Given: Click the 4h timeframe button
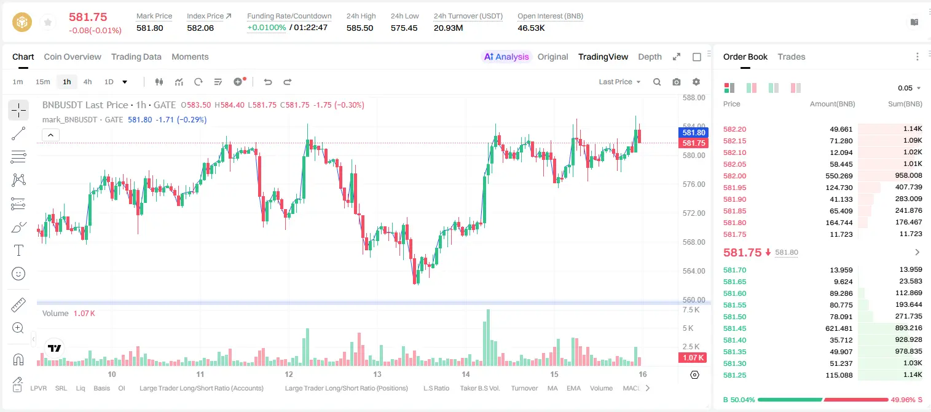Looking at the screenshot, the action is point(87,82).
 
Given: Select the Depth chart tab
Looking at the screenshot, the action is point(650,57).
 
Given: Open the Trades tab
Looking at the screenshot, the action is point(792,57).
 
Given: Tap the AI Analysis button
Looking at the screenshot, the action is point(506,57).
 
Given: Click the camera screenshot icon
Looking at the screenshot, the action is point(677,82).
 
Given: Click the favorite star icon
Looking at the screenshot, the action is point(48,22).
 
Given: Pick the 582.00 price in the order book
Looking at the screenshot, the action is point(734,176).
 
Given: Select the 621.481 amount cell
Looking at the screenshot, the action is point(839,328).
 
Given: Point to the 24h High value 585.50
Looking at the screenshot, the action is point(359,28).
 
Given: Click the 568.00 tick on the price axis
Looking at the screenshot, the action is point(694,242).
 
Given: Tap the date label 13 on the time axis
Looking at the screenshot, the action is point(377,374).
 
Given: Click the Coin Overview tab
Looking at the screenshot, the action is point(73,57).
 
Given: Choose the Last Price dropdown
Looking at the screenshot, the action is point(619,82).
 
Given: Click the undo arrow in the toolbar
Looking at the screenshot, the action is point(268,82).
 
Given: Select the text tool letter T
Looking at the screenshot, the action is point(18,250).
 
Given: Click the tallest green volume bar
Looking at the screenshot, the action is point(487,338).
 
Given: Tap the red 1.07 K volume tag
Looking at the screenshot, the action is point(693,357).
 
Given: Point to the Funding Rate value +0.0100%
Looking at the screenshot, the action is point(267,28).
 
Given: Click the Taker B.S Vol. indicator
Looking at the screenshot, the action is point(479,388).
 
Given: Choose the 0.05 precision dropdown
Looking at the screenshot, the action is point(909,88).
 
